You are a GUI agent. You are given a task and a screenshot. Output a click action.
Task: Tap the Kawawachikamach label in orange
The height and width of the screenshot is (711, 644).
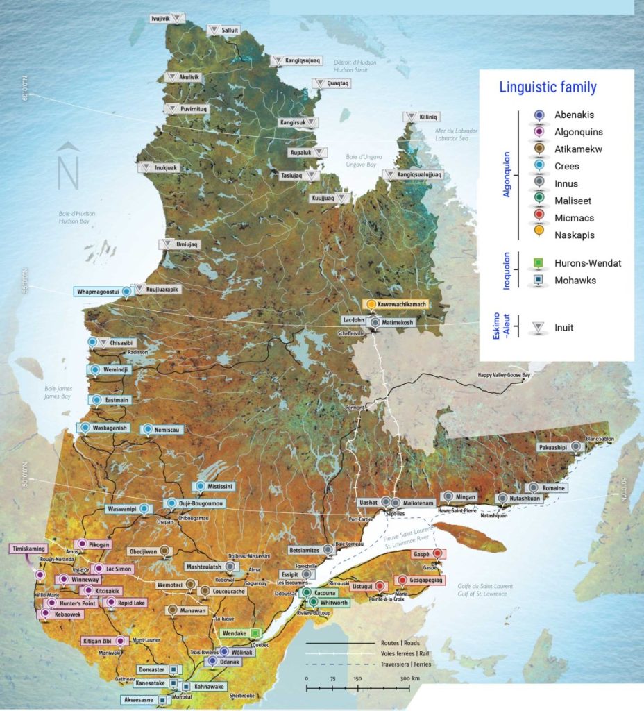(x=402, y=304)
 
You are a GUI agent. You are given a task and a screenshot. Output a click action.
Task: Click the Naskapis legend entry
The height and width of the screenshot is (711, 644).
(x=574, y=235)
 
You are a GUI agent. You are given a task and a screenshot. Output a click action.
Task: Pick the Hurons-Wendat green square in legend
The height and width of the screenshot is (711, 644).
(x=538, y=264)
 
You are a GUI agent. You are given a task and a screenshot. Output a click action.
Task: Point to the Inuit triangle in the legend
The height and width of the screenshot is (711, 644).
(x=538, y=328)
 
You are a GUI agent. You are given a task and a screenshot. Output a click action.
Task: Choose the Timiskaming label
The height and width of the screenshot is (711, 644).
(x=27, y=549)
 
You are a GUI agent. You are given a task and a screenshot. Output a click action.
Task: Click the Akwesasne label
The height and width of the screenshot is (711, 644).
(x=139, y=700)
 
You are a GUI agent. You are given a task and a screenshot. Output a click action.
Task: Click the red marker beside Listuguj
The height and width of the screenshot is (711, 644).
(x=380, y=586)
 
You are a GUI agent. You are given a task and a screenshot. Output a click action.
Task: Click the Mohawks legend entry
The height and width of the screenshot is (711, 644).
(x=575, y=281)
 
